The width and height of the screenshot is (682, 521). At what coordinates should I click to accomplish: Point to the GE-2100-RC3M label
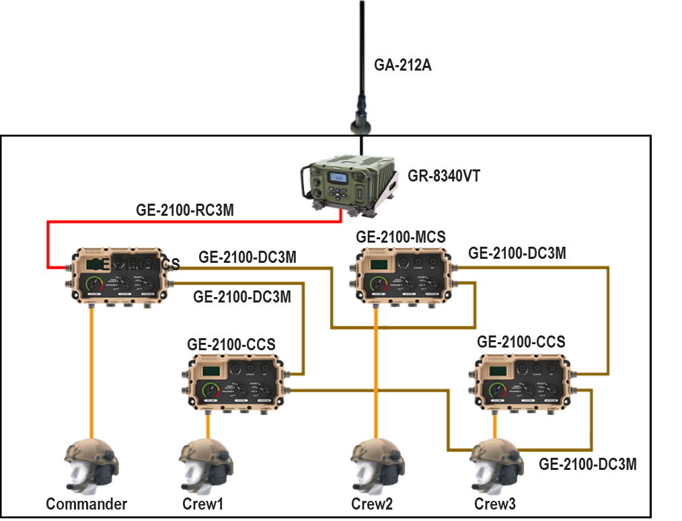coord(186,209)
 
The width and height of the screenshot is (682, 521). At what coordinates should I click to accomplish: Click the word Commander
coord(86,504)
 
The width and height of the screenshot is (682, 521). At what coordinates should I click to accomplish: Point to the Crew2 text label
coord(372,504)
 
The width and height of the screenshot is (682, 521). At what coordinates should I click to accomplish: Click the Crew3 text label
coord(494,504)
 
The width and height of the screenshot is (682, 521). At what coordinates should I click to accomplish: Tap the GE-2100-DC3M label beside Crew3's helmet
coord(587,465)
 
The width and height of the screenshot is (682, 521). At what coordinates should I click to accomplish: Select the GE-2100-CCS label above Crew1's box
coord(231,344)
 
